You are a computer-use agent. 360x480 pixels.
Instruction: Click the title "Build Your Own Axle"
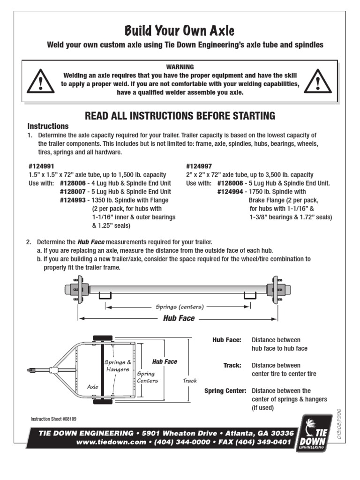pyautogui.click(x=179, y=31)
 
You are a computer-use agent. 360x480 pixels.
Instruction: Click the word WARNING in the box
pyautogui.click(x=180, y=67)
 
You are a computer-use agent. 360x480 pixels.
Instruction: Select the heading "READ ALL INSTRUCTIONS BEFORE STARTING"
pyautogui.click(x=180, y=116)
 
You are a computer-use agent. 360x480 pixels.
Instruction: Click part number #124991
pyautogui.click(x=41, y=166)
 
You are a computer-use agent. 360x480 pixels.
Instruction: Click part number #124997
pyautogui.click(x=199, y=166)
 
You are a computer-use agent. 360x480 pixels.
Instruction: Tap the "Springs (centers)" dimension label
pyautogui.click(x=180, y=307)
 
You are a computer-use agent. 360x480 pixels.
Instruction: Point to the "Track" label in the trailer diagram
pyautogui.click(x=190, y=381)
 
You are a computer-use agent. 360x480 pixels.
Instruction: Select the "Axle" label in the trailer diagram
pyautogui.click(x=93, y=387)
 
